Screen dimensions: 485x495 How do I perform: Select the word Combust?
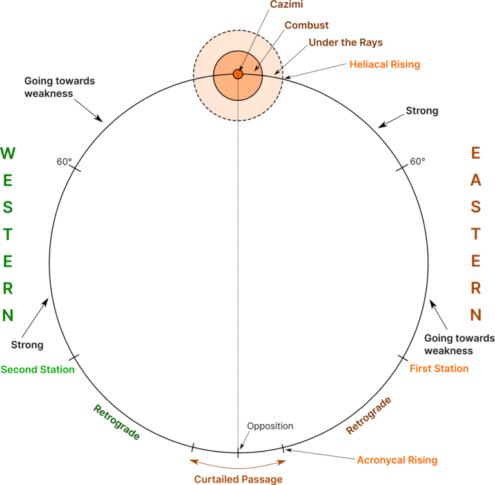click(x=306, y=25)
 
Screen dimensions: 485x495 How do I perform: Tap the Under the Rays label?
click(x=345, y=43)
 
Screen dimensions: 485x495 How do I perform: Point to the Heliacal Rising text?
click(x=385, y=64)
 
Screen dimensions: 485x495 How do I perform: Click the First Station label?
click(x=439, y=369)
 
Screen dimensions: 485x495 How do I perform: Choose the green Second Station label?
click(x=37, y=370)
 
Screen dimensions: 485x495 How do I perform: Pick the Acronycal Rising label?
click(x=397, y=460)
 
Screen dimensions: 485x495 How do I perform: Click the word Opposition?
click(x=270, y=426)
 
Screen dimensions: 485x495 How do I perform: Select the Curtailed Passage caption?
click(x=238, y=479)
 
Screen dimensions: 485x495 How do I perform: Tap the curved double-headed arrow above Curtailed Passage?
click(x=238, y=464)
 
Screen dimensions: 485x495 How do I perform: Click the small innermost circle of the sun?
click(x=237, y=74)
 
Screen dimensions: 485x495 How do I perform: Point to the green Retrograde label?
click(x=117, y=422)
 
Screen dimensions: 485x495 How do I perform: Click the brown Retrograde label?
click(x=369, y=416)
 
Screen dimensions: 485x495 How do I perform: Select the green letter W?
click(x=8, y=153)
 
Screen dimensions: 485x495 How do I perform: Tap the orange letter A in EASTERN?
click(x=476, y=181)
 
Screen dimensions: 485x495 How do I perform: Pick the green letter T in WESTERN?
click(x=8, y=235)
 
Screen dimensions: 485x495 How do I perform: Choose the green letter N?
click(x=8, y=316)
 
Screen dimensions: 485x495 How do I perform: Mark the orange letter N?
click(x=476, y=316)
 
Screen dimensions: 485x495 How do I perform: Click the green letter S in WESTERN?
click(x=8, y=208)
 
